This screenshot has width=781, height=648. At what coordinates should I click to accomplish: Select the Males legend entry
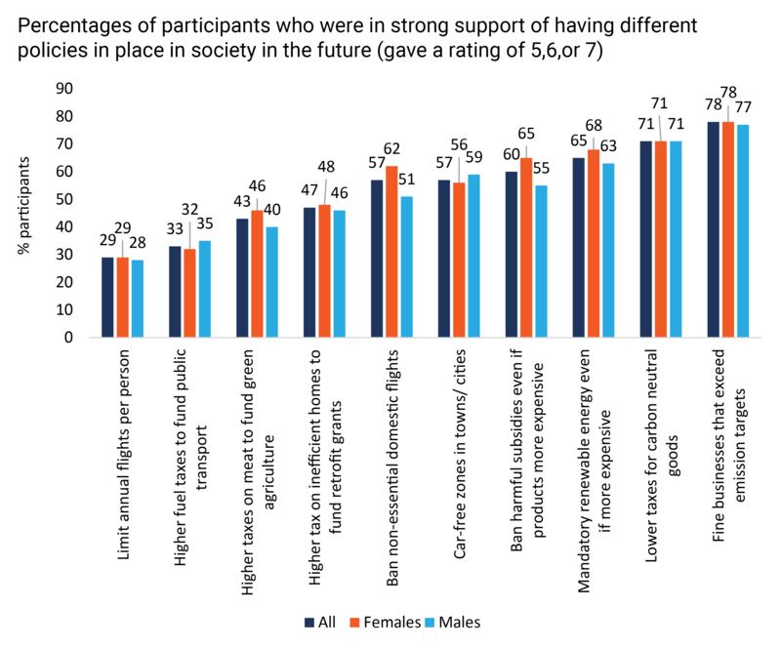coord(457,622)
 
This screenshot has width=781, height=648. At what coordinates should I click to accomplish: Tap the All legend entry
coord(318,622)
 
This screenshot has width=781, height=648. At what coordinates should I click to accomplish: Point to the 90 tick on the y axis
coord(64,89)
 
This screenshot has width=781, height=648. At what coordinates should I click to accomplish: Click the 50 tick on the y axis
coord(64,199)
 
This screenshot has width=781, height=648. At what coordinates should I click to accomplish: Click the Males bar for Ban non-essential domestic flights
coord(407,267)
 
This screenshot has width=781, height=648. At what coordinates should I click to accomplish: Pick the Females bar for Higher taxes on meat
coord(257,274)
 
